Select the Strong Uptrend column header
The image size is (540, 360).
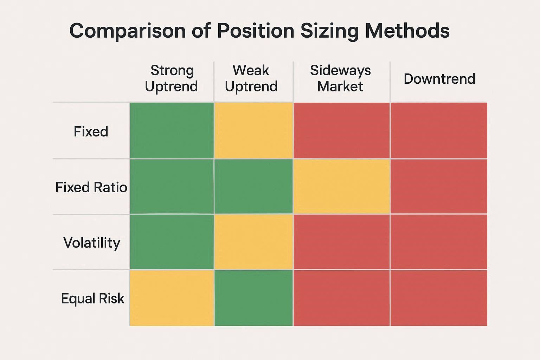click(172, 78)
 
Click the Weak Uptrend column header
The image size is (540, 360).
click(251, 78)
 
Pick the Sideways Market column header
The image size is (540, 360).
click(340, 78)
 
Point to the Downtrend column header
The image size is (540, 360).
click(439, 79)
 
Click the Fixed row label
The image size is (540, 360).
click(91, 131)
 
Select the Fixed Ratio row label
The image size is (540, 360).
click(91, 187)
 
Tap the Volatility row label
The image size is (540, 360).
click(92, 243)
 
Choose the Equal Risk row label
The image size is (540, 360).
click(92, 298)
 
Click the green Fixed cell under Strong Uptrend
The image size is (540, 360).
click(172, 130)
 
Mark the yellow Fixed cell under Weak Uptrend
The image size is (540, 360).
click(253, 130)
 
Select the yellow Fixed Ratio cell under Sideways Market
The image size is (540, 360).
click(341, 186)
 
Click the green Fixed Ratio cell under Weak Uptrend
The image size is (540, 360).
click(253, 186)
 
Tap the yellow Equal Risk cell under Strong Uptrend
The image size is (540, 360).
click(172, 298)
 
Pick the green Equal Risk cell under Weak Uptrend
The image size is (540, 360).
click(253, 298)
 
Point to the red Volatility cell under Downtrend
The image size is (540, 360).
click(439, 242)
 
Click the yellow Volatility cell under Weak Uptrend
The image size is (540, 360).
click(253, 242)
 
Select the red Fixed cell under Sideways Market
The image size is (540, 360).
click(341, 130)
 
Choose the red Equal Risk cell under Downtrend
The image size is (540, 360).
click(439, 298)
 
